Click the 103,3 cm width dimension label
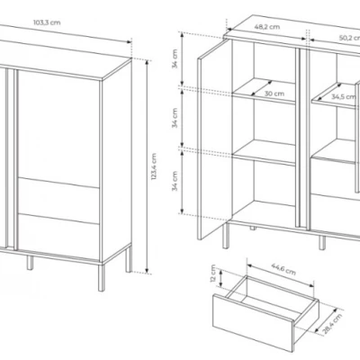click(47, 22)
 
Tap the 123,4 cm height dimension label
click(154, 166)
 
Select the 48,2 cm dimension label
click(267, 27)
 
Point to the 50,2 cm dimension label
click(349, 38)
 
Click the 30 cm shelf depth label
click(274, 94)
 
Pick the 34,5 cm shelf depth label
click(344, 97)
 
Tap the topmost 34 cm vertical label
click(175, 58)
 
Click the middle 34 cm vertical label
click(175, 118)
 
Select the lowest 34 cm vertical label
click(175, 181)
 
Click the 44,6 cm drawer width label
click(283, 269)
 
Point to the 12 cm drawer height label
click(213, 274)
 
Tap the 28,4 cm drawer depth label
click(332, 324)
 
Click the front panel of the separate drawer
click(253, 322)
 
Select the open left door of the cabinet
click(214, 139)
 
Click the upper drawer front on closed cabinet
click(58, 196)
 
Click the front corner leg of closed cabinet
click(102, 278)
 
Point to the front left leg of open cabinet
click(226, 235)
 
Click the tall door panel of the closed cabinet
click(58, 129)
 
